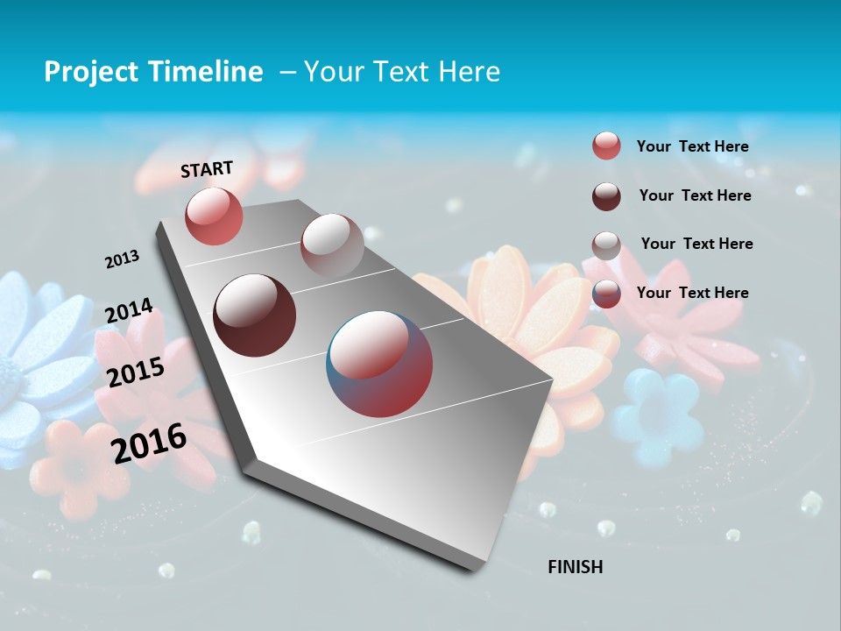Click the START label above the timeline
pyautogui.click(x=207, y=169)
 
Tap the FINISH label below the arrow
pyautogui.click(x=575, y=567)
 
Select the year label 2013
pyautogui.click(x=122, y=259)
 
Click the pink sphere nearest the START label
pyautogui.click(x=214, y=216)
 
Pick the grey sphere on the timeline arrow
pyautogui.click(x=331, y=245)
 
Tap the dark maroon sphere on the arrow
pyautogui.click(x=255, y=315)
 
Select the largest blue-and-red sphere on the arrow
pyautogui.click(x=379, y=364)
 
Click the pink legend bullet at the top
pyautogui.click(x=606, y=145)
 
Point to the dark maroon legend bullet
pyautogui.click(x=606, y=196)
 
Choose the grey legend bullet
pyautogui.click(x=606, y=245)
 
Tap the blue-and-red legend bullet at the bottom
pyautogui.click(x=606, y=294)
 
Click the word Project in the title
pyautogui.click(x=91, y=72)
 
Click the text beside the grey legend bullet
pyautogui.click(x=696, y=244)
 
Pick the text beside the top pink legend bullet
pyautogui.click(x=692, y=146)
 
